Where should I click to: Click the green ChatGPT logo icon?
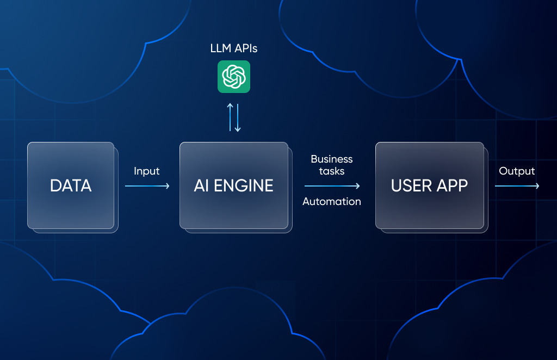(234, 77)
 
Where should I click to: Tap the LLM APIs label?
(234, 48)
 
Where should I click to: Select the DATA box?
(71, 185)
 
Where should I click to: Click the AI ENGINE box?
(234, 185)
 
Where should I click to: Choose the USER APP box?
(429, 185)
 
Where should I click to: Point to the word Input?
(147, 171)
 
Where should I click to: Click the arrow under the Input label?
(147, 186)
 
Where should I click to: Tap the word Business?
(332, 159)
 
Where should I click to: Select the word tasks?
(332, 171)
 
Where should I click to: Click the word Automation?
(332, 202)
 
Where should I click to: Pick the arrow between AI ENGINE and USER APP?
(332, 186)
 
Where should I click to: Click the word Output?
(517, 171)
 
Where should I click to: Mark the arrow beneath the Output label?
(517, 186)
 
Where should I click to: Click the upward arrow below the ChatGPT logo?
(230, 117)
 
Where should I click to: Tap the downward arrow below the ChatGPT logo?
(238, 117)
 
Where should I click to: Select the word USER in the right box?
(409, 185)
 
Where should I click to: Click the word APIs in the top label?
(245, 48)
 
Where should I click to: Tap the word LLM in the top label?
(221, 48)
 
